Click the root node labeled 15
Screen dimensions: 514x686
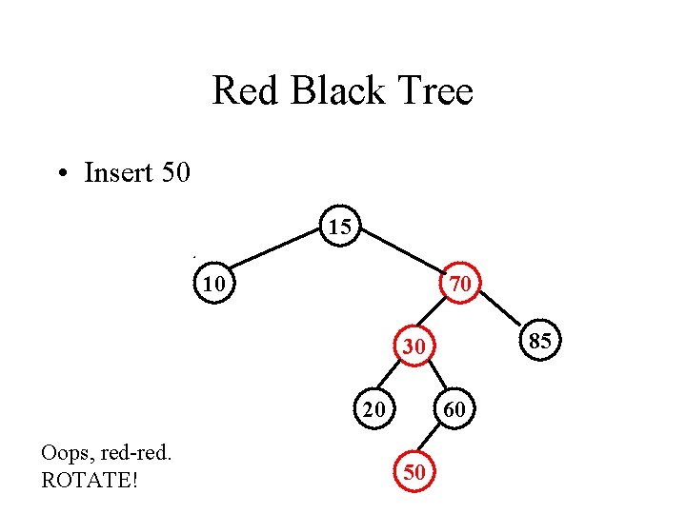[340, 226]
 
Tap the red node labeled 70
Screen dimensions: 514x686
[460, 283]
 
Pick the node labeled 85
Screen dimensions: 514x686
[540, 341]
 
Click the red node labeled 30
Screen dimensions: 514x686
[414, 347]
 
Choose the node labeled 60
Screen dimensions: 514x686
[455, 409]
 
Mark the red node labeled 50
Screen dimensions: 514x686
[414, 472]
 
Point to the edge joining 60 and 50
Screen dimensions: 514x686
[434, 441]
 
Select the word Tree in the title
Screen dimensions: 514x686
[435, 92]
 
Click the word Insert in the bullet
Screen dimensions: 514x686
[118, 172]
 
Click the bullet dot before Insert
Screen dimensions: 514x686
[62, 174]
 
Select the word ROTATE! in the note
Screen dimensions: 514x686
[91, 481]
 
